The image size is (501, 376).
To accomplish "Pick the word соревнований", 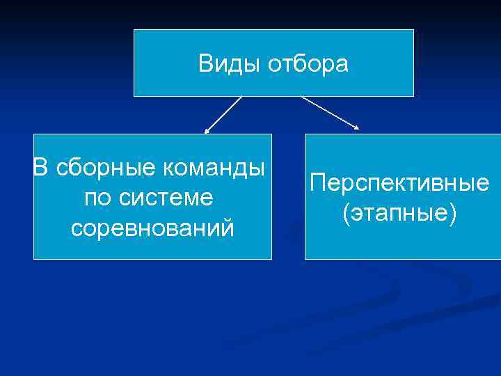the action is point(152,228).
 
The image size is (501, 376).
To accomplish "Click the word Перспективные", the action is point(399,183).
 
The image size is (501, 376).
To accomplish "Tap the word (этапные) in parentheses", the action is point(399,213).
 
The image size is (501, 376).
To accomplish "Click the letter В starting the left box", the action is point(41,168).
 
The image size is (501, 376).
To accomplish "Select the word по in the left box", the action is point(96,198).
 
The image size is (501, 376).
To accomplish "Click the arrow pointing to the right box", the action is point(330,112).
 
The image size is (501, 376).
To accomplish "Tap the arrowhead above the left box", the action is point(206,130).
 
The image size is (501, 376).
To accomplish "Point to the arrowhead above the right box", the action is point(357,127).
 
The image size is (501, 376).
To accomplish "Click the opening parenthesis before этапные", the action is point(345,214).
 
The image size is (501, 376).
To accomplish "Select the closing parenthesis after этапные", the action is point(454,214).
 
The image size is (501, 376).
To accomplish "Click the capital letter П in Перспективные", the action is point(317,183).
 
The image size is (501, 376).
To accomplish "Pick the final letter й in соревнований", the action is point(227,227).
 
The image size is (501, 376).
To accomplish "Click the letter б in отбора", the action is point(288,64).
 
